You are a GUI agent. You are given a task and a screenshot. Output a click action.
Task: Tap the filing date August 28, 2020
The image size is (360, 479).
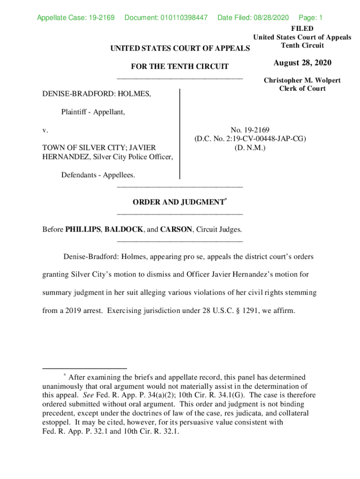pyautogui.click(x=302, y=63)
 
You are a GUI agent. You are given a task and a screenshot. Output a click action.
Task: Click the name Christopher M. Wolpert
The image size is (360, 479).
pyautogui.click(x=302, y=80)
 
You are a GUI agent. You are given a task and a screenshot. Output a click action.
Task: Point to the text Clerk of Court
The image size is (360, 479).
pyautogui.click(x=302, y=88)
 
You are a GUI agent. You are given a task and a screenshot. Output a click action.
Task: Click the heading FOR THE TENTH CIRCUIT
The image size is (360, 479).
pyautogui.click(x=180, y=66)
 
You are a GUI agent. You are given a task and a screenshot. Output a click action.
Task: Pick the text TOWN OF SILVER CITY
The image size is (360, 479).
pyautogui.click(x=84, y=147)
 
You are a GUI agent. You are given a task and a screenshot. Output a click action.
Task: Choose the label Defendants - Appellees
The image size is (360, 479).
pyautogui.click(x=98, y=174)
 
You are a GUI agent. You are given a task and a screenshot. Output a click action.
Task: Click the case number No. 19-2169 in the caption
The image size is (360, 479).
pyautogui.click(x=250, y=130)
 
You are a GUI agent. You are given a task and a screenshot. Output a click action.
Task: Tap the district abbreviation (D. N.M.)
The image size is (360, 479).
pyautogui.click(x=250, y=147)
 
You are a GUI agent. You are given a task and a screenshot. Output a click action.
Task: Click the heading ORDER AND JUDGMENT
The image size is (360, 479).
pyautogui.click(x=178, y=202)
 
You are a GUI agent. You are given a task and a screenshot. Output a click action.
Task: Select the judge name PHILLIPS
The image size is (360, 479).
pyautogui.click(x=83, y=229)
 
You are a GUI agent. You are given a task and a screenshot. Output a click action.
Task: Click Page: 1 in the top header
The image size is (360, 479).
pyautogui.click(x=310, y=18)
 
